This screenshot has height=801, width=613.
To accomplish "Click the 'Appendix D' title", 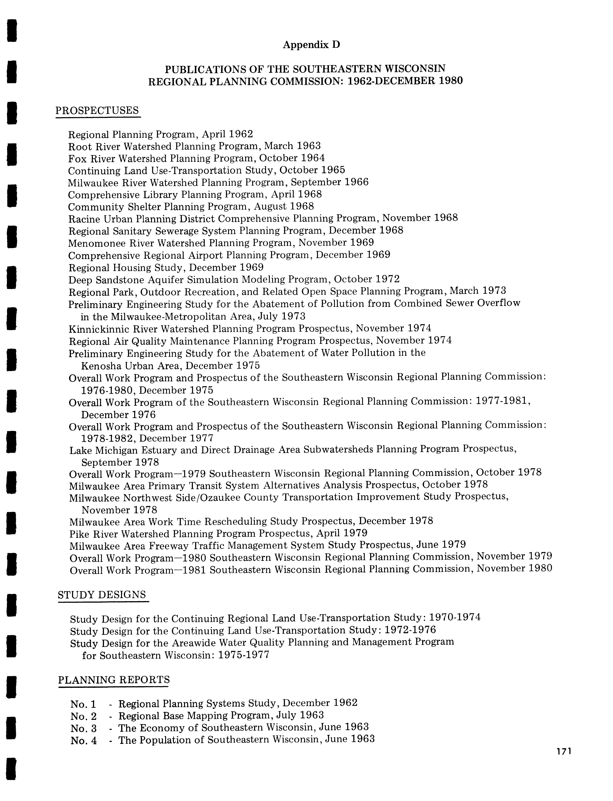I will pyautogui.click(x=311, y=45).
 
